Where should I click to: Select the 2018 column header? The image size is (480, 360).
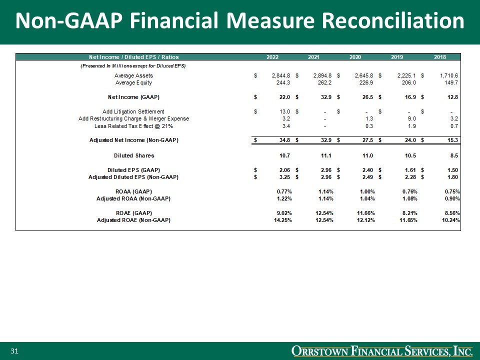tap(440, 57)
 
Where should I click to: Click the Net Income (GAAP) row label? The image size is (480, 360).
tap(133, 96)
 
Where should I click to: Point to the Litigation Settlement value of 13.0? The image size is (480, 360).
tap(283, 111)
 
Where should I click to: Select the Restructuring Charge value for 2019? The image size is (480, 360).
tap(403, 118)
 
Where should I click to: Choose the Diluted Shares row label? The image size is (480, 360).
tap(134, 155)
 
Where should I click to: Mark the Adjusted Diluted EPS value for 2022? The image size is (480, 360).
tap(283, 177)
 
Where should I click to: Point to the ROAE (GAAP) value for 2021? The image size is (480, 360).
tap(322, 213)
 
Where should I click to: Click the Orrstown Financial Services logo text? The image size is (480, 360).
tap(382, 351)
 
